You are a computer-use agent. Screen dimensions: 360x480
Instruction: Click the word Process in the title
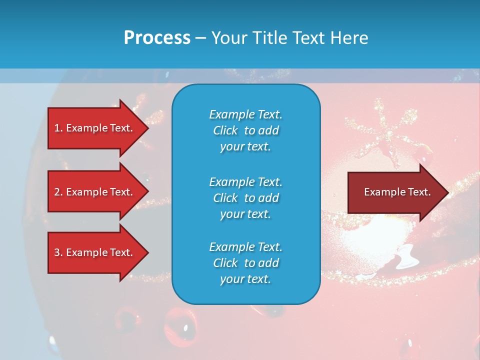click(x=157, y=38)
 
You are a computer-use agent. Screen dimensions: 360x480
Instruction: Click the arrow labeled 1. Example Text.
click(x=94, y=128)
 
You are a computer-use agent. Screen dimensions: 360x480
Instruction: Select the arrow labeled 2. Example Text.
click(x=94, y=192)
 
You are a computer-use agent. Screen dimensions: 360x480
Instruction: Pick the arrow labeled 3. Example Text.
click(x=94, y=252)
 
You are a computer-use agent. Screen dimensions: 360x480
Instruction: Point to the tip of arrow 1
click(x=147, y=128)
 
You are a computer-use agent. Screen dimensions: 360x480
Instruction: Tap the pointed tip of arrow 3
click(x=147, y=252)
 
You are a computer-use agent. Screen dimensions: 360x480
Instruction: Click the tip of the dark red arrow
click(x=448, y=192)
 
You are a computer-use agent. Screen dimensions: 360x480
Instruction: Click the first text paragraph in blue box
click(x=245, y=130)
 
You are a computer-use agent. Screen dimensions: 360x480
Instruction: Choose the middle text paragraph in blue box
click(x=245, y=198)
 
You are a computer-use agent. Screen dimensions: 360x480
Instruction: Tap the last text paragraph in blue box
click(x=245, y=263)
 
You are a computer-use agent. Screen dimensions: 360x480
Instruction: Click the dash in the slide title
click(x=201, y=38)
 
